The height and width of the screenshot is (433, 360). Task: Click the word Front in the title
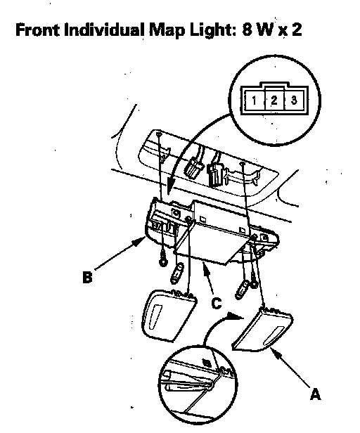tap(37, 30)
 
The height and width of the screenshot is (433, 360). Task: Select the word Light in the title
tap(213, 31)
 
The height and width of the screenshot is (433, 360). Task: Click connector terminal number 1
tap(254, 101)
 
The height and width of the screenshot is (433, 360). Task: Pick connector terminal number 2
tap(274, 101)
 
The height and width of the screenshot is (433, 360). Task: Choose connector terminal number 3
tap(294, 100)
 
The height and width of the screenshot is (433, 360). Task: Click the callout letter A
tap(315, 394)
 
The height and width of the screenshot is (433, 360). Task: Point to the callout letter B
tap(87, 277)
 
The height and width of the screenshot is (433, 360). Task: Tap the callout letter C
tap(217, 303)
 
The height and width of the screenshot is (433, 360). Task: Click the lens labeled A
tap(263, 330)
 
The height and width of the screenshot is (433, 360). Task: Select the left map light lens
tap(168, 315)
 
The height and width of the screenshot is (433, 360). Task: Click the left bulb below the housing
tap(177, 273)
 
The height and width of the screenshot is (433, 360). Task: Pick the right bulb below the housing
tap(243, 290)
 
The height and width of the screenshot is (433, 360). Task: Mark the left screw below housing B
tap(164, 261)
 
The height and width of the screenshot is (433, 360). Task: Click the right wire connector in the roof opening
tap(214, 174)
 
